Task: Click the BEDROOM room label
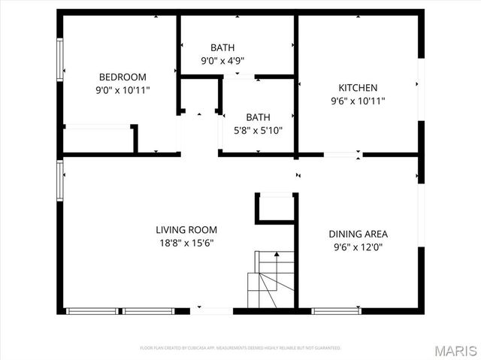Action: (123, 77)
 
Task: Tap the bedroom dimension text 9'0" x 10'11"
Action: (123, 89)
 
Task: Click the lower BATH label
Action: (258, 117)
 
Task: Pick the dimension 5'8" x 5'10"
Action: (258, 130)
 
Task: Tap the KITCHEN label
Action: (358, 87)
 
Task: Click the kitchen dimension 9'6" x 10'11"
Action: (358, 100)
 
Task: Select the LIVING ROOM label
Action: (186, 230)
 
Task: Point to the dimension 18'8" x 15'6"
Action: (186, 244)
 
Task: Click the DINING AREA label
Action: (358, 234)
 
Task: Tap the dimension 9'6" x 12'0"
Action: (358, 247)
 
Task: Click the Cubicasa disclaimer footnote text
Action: (240, 348)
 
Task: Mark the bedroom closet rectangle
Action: (99, 140)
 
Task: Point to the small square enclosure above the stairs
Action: (275, 208)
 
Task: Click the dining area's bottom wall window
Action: (336, 310)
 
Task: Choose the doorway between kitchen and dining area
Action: (342, 156)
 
